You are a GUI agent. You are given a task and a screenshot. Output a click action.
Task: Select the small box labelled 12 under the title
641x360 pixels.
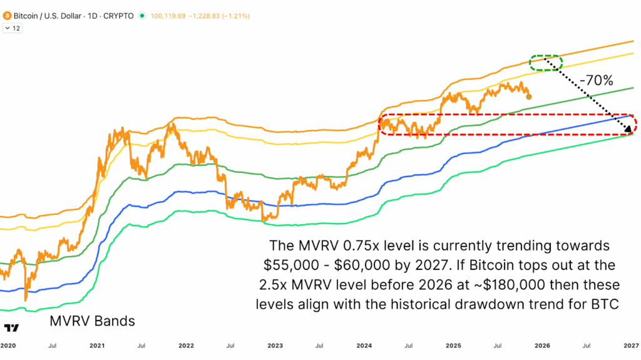[x=13, y=28]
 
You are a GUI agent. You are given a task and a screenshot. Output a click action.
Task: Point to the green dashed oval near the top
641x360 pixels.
[x=546, y=62]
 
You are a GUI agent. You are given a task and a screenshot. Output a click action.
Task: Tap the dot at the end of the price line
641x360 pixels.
[x=530, y=96]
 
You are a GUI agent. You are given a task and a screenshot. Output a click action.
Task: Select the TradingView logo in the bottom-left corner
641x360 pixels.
[x=11, y=328]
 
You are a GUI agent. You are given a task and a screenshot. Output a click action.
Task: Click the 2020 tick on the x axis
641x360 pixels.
[x=8, y=345]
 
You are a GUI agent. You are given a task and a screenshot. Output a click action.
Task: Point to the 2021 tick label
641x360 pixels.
[x=97, y=345]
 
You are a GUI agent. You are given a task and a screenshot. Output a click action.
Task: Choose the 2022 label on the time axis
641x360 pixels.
[x=186, y=345]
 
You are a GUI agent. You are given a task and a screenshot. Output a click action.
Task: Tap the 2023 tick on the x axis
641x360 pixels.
[x=275, y=345]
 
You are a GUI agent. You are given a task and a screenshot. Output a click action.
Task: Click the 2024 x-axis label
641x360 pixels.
[x=364, y=345]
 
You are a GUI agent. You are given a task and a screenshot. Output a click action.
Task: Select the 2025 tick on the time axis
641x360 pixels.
[x=453, y=345]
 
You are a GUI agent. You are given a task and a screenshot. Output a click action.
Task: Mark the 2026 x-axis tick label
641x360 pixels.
[x=542, y=345]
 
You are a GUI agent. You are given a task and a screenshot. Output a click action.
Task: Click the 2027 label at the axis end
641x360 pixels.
[x=630, y=345]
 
